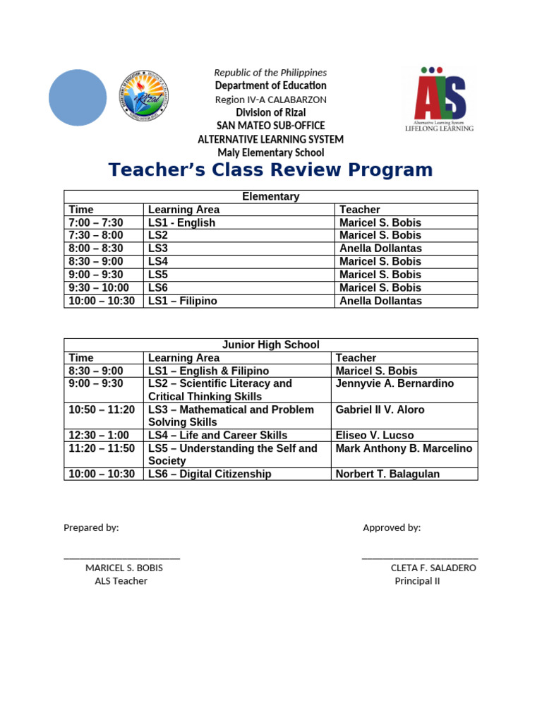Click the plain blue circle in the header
(78, 97)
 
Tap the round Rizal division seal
(145, 97)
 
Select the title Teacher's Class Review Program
(270, 170)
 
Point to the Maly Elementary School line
(270, 153)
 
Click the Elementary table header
(270, 197)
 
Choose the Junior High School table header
(270, 345)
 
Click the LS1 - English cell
(181, 223)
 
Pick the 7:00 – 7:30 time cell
(96, 223)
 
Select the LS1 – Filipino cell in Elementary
(183, 301)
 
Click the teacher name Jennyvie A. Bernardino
(395, 383)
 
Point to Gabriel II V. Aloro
(380, 410)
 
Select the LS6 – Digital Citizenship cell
(210, 474)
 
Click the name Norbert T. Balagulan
(387, 474)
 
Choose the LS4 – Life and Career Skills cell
(217, 436)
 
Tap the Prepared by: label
(91, 527)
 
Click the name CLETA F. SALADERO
(433, 568)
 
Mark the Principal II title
(417, 581)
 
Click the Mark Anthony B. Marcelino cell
(404, 448)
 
